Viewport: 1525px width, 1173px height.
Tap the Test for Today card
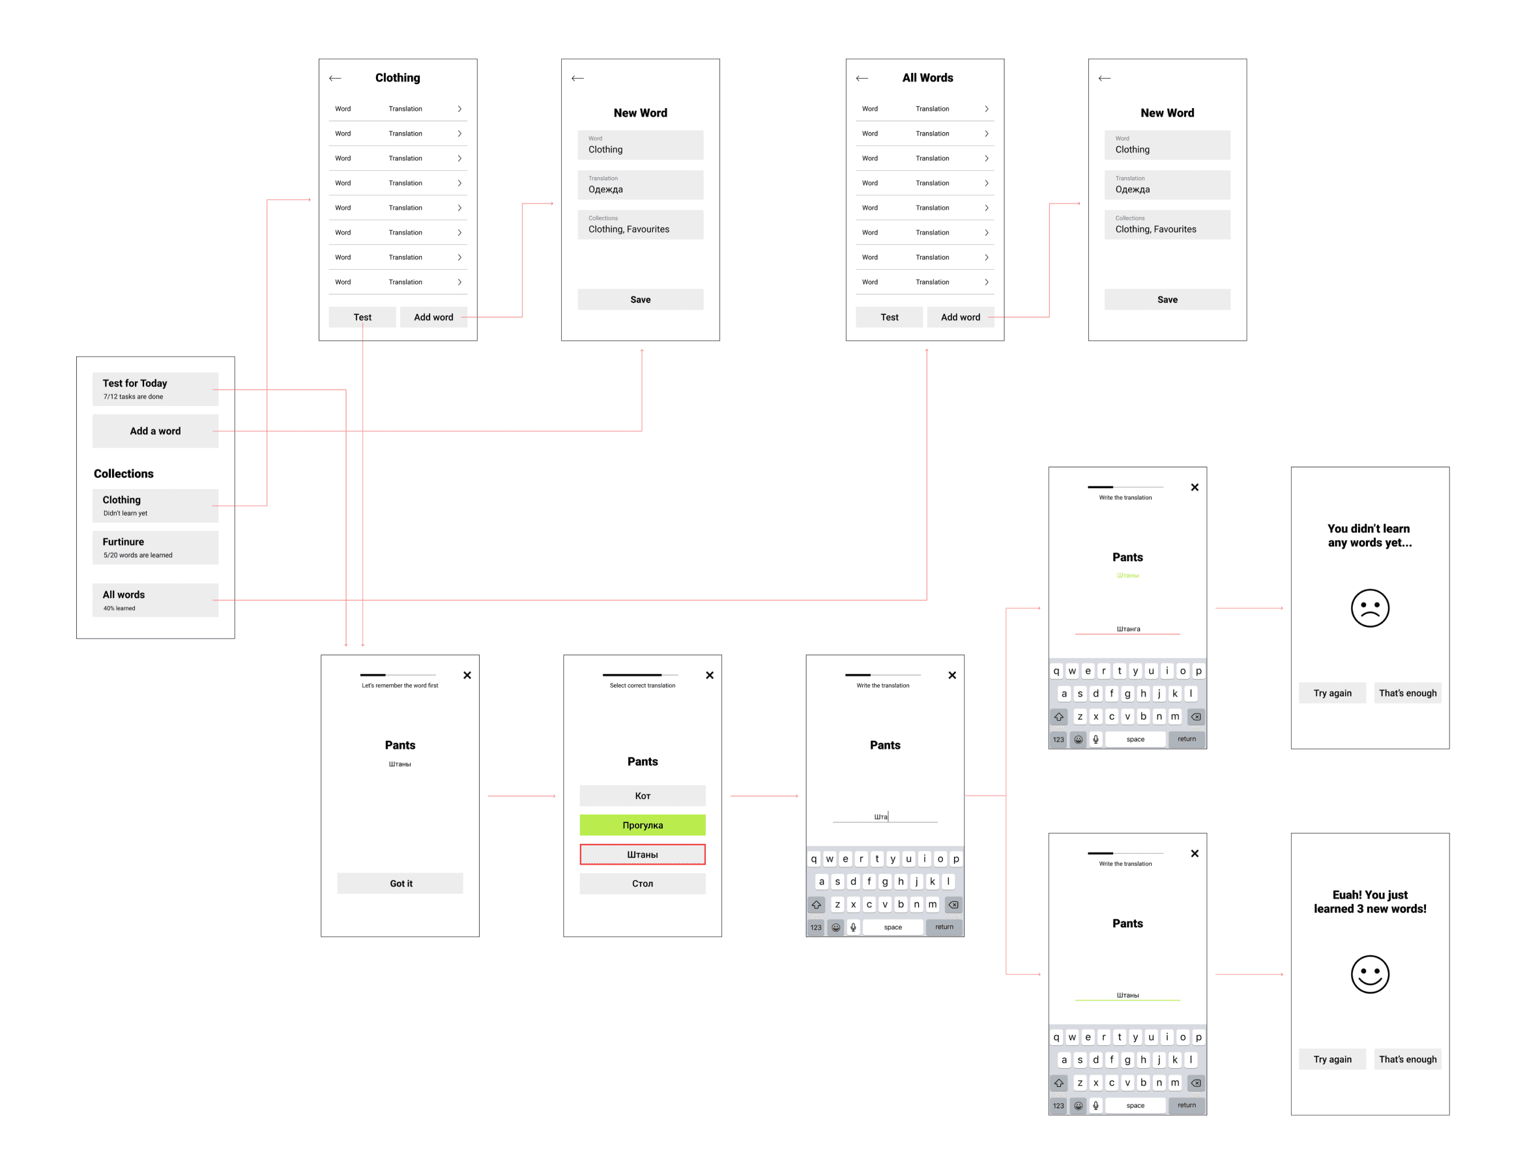[x=155, y=389]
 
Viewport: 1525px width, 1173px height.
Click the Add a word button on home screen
[x=155, y=431]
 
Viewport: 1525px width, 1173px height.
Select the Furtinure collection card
[x=155, y=547]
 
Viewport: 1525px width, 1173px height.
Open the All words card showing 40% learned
[x=155, y=600]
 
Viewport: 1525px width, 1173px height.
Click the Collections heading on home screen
[x=124, y=473]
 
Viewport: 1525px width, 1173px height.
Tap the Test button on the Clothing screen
[x=362, y=317]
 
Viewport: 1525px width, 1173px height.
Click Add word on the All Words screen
[x=960, y=317]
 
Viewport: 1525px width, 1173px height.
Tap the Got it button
[x=400, y=883]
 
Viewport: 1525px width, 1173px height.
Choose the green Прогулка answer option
[x=643, y=824]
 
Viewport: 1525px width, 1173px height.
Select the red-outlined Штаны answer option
[x=643, y=854]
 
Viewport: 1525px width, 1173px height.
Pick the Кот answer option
[x=643, y=795]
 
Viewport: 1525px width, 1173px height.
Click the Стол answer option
[x=643, y=883]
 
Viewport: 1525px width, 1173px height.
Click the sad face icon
[x=1369, y=608]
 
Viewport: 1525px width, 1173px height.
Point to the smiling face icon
[x=1369, y=974]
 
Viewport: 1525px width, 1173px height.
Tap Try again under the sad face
[x=1332, y=693]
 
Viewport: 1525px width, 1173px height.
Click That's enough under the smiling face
[x=1407, y=1059]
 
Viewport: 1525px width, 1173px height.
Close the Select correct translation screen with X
[x=710, y=675]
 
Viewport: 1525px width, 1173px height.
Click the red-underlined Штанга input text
[x=1127, y=629]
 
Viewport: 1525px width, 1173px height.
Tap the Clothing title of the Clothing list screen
[x=398, y=78]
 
